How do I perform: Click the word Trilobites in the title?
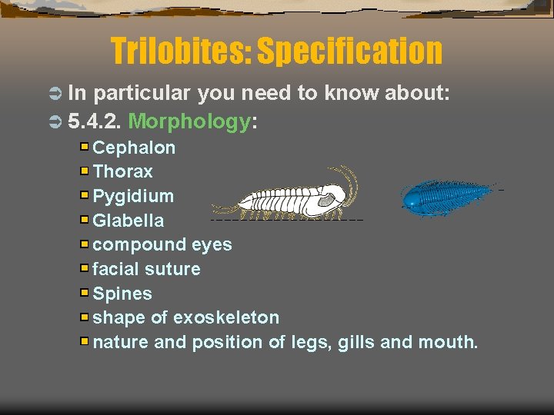pyautogui.click(x=180, y=51)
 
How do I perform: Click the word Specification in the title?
pyautogui.click(x=349, y=51)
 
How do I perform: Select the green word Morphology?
pyautogui.click(x=189, y=121)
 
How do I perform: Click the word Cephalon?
pyautogui.click(x=134, y=148)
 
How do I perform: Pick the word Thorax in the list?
pyautogui.click(x=122, y=171)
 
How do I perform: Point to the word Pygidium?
pyautogui.click(x=133, y=196)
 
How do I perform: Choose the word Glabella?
pyautogui.click(x=128, y=221)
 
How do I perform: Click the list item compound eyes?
pyautogui.click(x=162, y=245)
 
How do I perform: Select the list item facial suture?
pyautogui.click(x=146, y=269)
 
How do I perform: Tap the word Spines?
pyautogui.click(x=122, y=294)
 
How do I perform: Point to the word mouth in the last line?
pyautogui.click(x=447, y=342)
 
